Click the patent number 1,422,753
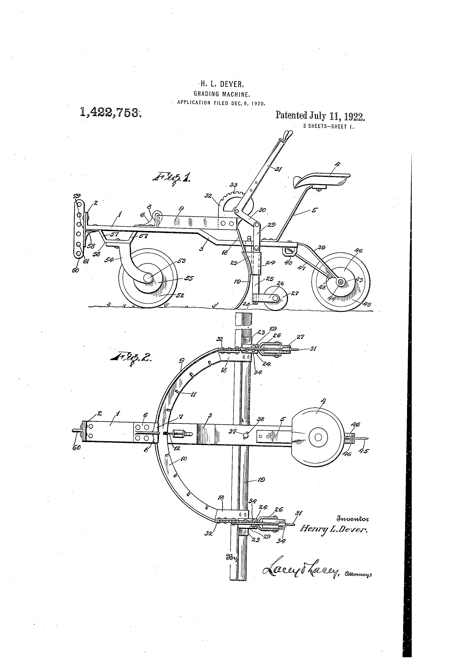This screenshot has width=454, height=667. [111, 112]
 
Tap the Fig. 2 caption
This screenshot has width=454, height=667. [131, 358]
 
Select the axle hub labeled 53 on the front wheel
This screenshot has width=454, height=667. [148, 277]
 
